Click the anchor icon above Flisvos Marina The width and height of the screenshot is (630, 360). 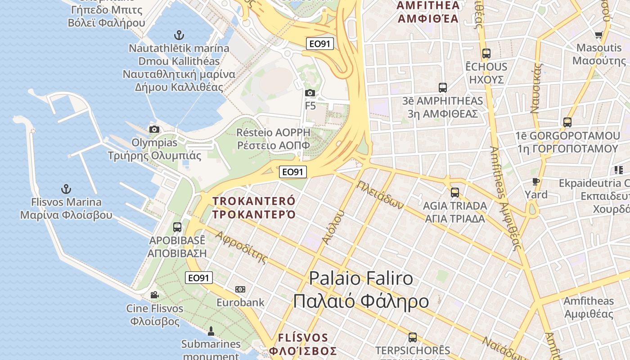(66, 189)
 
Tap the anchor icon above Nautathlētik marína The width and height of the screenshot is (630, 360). (179, 35)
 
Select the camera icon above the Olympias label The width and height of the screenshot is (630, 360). (154, 129)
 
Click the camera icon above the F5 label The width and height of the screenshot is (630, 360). (310, 93)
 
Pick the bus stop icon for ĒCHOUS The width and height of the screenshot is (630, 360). (486, 53)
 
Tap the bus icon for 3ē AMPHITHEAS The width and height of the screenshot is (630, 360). (442, 87)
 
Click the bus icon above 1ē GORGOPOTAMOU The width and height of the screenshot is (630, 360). (567, 122)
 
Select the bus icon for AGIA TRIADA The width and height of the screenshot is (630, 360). (455, 193)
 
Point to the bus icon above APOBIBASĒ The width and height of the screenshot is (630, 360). (177, 227)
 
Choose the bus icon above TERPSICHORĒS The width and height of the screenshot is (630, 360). (412, 337)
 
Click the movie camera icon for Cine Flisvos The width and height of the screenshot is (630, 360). (154, 295)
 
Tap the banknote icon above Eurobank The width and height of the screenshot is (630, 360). (240, 289)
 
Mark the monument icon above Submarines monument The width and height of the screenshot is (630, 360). (211, 332)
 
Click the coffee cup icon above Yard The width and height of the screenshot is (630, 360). (535, 181)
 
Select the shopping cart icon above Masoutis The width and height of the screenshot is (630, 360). (598, 35)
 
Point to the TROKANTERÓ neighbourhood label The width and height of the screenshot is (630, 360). (254, 207)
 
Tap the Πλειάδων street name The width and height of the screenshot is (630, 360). (380, 194)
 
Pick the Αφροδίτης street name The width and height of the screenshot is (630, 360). (241, 247)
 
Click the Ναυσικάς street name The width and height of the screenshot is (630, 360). (535, 88)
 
